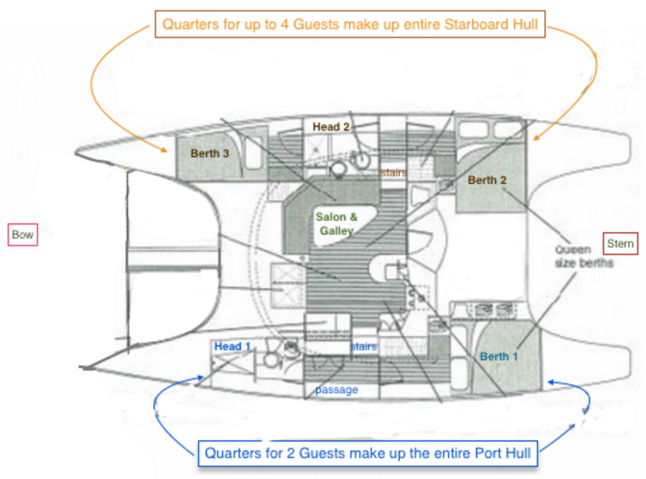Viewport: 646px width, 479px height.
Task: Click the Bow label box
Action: (x=23, y=235)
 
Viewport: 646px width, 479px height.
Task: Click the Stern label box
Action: (x=620, y=244)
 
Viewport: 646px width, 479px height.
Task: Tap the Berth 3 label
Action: (x=209, y=153)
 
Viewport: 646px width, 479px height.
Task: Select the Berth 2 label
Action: (x=487, y=180)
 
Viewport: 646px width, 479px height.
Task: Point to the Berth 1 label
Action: (x=499, y=357)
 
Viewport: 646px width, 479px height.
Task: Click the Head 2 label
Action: (x=331, y=127)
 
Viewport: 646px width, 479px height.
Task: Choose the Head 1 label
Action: (x=233, y=346)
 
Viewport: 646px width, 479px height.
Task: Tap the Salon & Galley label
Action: (x=337, y=224)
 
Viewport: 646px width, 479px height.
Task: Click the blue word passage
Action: (x=336, y=390)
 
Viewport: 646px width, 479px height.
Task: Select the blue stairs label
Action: (x=363, y=346)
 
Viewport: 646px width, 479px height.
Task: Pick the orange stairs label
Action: (x=393, y=172)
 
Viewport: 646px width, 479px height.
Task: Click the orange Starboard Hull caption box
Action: (x=350, y=25)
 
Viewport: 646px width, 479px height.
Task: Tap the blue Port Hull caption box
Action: (x=367, y=453)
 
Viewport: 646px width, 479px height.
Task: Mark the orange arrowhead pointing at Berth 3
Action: (x=164, y=150)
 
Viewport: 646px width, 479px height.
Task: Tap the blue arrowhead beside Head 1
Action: (x=201, y=379)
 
